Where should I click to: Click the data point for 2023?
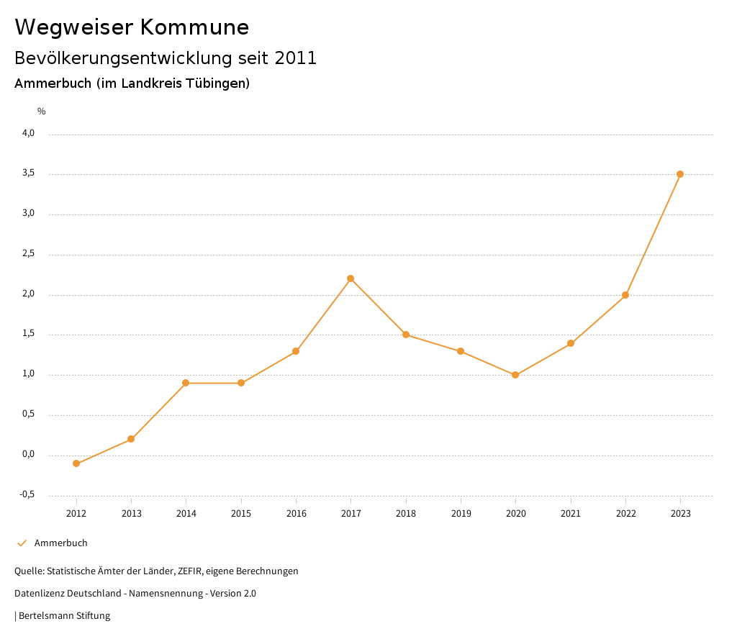(x=680, y=174)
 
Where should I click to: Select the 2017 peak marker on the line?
(x=351, y=278)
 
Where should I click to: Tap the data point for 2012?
(x=76, y=463)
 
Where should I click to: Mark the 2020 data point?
(x=515, y=375)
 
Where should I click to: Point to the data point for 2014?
(x=186, y=383)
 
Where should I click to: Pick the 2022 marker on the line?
(x=625, y=295)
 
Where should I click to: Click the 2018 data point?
(x=406, y=335)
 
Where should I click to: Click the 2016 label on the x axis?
(x=296, y=514)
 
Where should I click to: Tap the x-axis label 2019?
(x=461, y=514)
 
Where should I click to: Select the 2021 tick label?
(x=571, y=514)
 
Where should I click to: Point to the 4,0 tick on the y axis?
(x=28, y=133)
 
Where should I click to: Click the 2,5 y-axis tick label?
(x=28, y=254)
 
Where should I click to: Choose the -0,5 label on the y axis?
(x=27, y=494)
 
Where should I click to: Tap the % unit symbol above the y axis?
(x=41, y=112)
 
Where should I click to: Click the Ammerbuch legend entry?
(x=60, y=543)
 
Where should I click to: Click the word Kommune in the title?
(x=194, y=27)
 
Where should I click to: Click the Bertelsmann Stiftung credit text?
(x=64, y=616)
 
